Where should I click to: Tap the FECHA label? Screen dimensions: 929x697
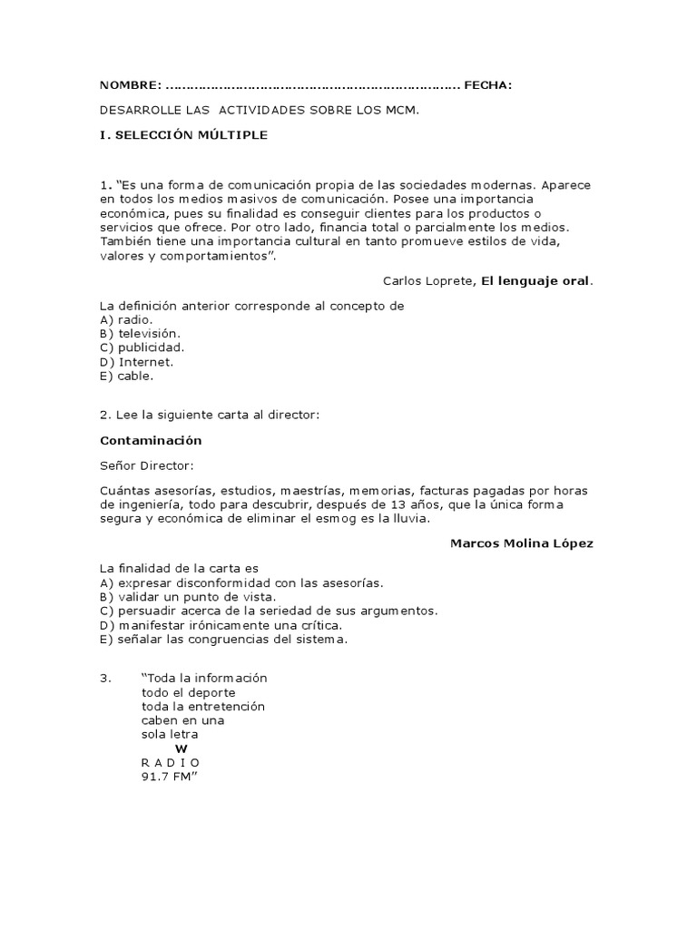coord(487,85)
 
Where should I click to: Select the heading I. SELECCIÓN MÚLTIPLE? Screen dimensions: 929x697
coord(183,134)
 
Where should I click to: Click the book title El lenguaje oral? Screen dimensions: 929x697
coord(535,281)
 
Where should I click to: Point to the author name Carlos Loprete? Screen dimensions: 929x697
coord(427,281)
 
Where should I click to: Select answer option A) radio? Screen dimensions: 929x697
coord(127,320)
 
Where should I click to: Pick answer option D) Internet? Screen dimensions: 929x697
coord(136,361)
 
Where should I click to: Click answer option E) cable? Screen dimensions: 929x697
coord(127,375)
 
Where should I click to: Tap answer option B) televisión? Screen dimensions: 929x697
coord(147,334)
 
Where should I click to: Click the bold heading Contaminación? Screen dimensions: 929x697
coord(151,440)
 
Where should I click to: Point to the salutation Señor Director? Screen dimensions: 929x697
coord(147,465)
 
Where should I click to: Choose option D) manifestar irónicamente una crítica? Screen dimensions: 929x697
coord(221,625)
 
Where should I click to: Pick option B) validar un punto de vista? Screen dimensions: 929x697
coord(188,597)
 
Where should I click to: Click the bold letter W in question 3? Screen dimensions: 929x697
coord(181,748)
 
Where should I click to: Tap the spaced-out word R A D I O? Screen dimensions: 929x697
coord(170,762)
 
